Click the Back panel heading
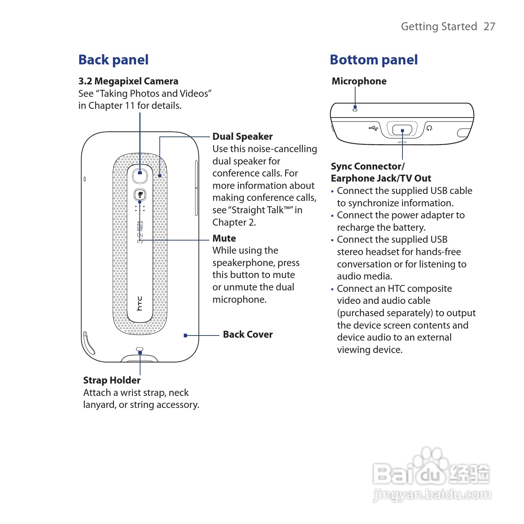click(113, 60)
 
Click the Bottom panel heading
click(373, 60)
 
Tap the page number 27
click(489, 27)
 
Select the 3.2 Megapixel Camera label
click(128, 81)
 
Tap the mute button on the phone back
click(140, 195)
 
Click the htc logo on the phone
click(139, 303)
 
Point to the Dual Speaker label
click(242, 136)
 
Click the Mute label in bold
click(224, 238)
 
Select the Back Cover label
click(247, 334)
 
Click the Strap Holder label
click(112, 380)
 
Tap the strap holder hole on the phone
click(140, 350)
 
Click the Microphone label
click(359, 81)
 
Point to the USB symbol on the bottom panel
click(373, 128)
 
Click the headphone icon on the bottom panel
click(429, 128)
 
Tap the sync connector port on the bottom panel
click(402, 130)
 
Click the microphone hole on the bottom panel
click(355, 109)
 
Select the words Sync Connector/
click(368, 166)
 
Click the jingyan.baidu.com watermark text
click(432, 495)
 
